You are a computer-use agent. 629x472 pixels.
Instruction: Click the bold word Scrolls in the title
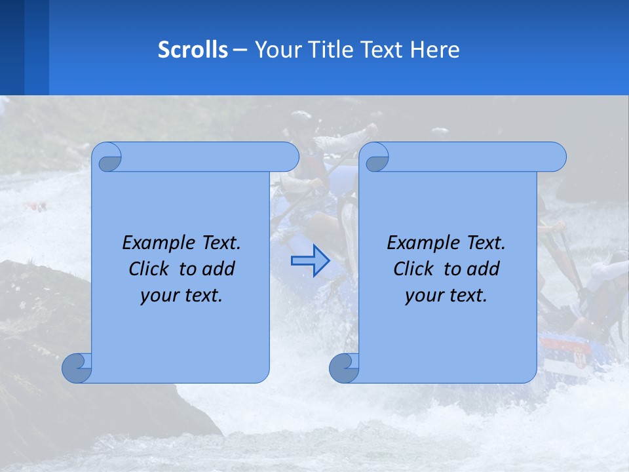[x=193, y=50]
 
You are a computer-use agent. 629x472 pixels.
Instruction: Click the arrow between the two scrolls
[x=310, y=261]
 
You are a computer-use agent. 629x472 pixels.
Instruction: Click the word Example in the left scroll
[x=155, y=243]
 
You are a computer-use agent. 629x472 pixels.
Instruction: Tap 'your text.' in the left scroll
[x=181, y=295]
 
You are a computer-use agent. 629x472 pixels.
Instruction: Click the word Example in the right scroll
[x=420, y=243]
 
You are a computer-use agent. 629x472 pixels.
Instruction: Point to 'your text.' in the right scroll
[x=446, y=295]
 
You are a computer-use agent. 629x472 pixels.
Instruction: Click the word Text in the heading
[x=379, y=50]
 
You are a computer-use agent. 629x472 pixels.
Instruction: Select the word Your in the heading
[x=276, y=50]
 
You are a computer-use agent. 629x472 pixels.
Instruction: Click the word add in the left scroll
[x=219, y=269]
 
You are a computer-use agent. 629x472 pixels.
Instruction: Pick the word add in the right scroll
[x=484, y=269]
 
